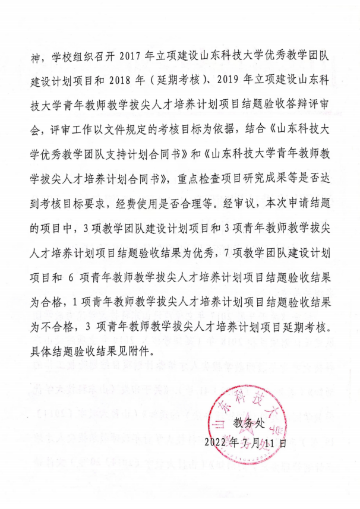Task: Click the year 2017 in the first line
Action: pos(131,57)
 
